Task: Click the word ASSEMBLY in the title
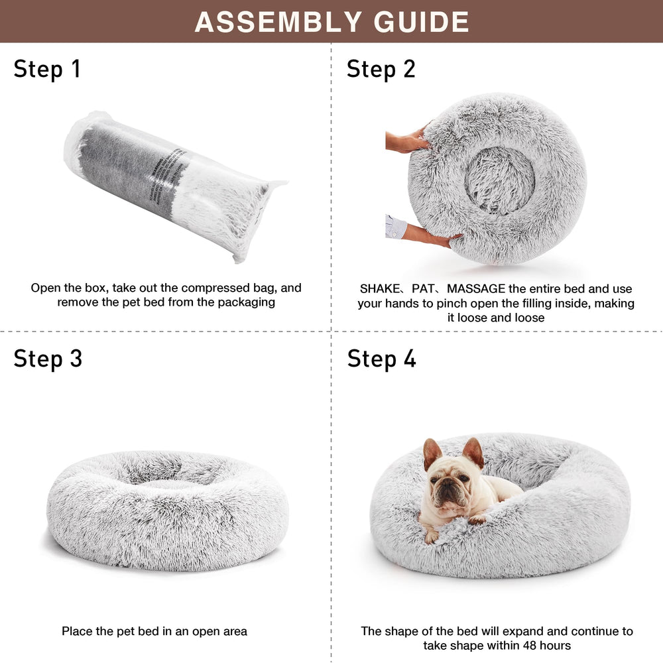pos(279,22)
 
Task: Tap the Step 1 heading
pos(47,69)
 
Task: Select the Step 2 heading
pos(381,69)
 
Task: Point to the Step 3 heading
pos(48,359)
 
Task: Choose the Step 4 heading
pos(382,359)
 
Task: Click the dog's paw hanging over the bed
pos(430,534)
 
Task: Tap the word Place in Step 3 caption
pos(76,631)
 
